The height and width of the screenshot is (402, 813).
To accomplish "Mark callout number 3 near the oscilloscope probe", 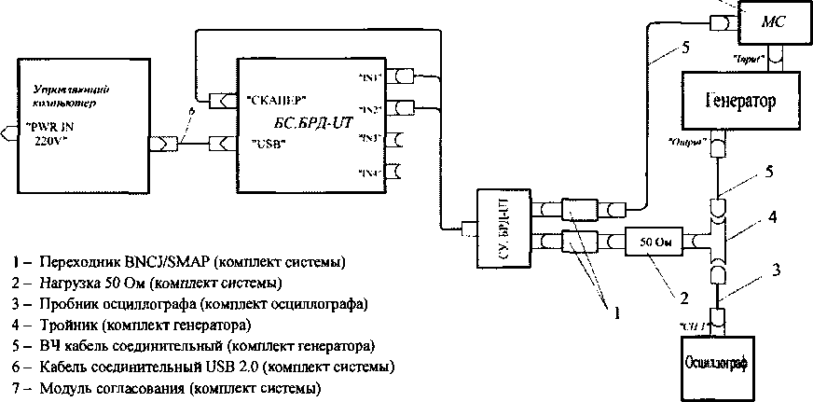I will pyautogui.click(x=777, y=270).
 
